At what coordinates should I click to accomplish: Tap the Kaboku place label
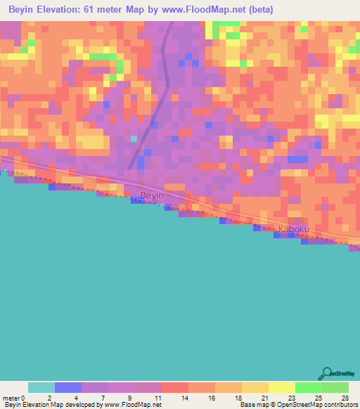click(293, 230)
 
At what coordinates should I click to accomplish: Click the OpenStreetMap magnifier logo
click(326, 373)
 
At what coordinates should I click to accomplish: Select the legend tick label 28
click(345, 398)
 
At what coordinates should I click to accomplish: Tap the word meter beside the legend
click(11, 398)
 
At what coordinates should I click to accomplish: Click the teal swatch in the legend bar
click(41, 387)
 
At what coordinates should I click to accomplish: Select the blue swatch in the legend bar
click(68, 387)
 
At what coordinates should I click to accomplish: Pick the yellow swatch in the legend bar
click(282, 387)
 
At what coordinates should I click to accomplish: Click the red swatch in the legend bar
click(175, 387)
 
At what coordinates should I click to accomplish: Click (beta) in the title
click(258, 10)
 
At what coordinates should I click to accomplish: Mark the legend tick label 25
click(318, 398)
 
